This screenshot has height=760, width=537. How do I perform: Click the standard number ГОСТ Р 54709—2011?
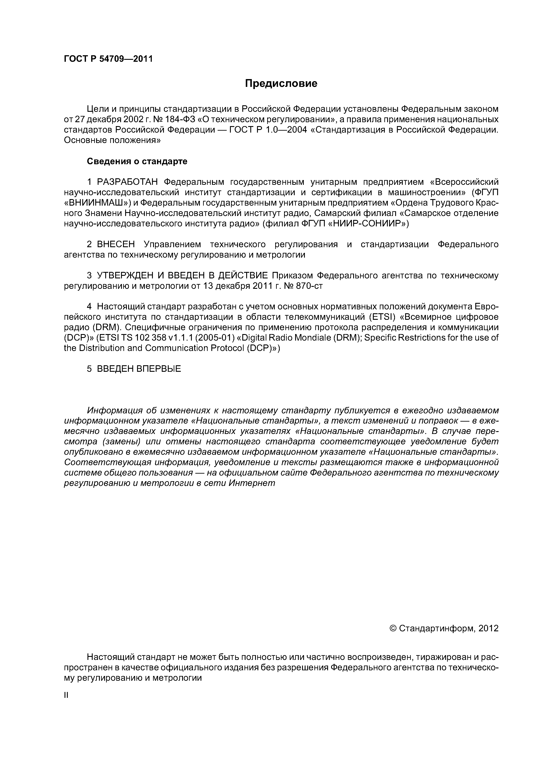[x=108, y=59]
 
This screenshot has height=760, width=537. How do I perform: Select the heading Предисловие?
[x=281, y=83]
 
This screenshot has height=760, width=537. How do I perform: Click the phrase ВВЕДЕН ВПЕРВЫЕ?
[x=139, y=369]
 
